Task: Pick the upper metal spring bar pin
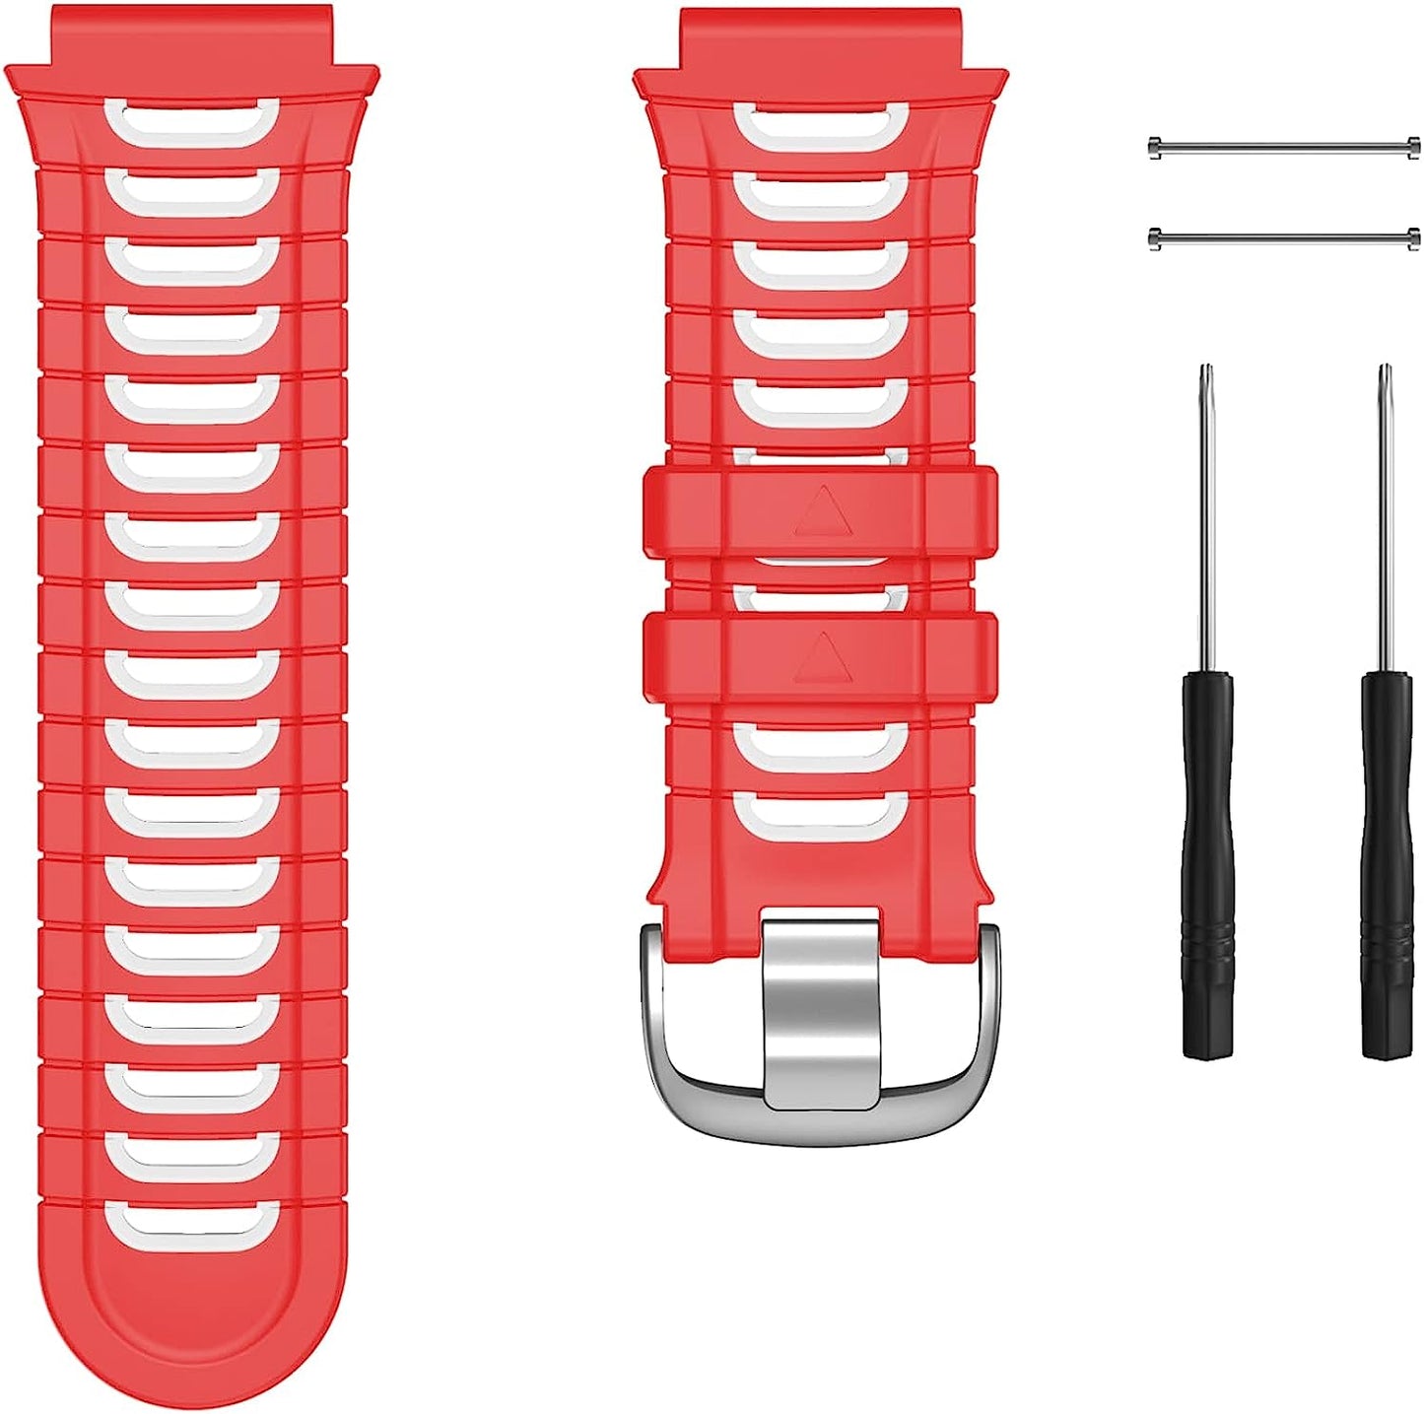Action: tap(1284, 148)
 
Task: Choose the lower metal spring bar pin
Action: tap(1284, 236)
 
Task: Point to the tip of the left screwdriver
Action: tap(1204, 370)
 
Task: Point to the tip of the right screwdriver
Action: tap(1385, 370)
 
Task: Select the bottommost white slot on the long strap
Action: tap(191, 1223)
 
